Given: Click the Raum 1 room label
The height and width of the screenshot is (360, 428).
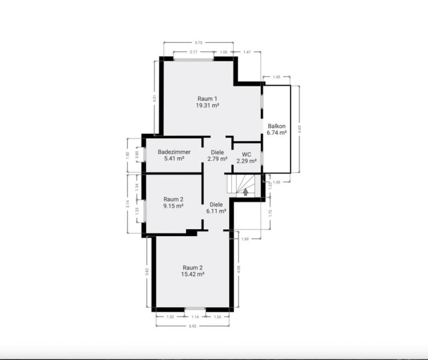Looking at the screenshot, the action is pyautogui.click(x=207, y=99).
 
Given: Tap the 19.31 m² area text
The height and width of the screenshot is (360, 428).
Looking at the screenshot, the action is pyautogui.click(x=207, y=105).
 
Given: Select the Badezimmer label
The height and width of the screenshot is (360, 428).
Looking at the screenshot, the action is pyautogui.click(x=174, y=152).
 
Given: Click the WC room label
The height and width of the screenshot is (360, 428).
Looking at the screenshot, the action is pyautogui.click(x=247, y=155).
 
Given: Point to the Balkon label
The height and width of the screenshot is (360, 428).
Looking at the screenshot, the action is pyautogui.click(x=277, y=126).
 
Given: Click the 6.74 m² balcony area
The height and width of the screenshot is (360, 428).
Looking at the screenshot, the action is pyautogui.click(x=277, y=133).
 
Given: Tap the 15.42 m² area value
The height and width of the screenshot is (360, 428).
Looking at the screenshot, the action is pyautogui.click(x=193, y=274).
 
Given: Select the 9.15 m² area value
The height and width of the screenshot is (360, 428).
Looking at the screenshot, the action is pyautogui.click(x=173, y=206).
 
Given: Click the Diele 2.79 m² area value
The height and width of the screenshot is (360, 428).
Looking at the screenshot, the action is pyautogui.click(x=217, y=159).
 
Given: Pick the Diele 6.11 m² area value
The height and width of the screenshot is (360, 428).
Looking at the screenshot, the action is pyautogui.click(x=216, y=211).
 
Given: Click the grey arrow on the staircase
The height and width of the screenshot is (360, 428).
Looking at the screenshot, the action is pyautogui.click(x=246, y=192).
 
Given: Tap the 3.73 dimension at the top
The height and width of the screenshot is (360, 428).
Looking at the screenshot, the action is pyautogui.click(x=199, y=42).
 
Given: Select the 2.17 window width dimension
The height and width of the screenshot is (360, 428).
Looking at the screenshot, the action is pyautogui.click(x=193, y=52).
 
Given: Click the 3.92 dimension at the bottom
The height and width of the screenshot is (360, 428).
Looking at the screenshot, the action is pyautogui.click(x=193, y=326).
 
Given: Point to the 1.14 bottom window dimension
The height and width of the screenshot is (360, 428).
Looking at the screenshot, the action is pyautogui.click(x=195, y=317).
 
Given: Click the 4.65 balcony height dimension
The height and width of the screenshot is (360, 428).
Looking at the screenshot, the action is pyautogui.click(x=299, y=129).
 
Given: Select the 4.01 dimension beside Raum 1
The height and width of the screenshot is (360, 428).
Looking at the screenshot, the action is pyautogui.click(x=155, y=98).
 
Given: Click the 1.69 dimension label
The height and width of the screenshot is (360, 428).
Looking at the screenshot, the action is pyautogui.click(x=245, y=239).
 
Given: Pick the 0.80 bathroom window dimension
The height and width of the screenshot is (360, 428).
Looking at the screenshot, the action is pyautogui.click(x=137, y=154).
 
